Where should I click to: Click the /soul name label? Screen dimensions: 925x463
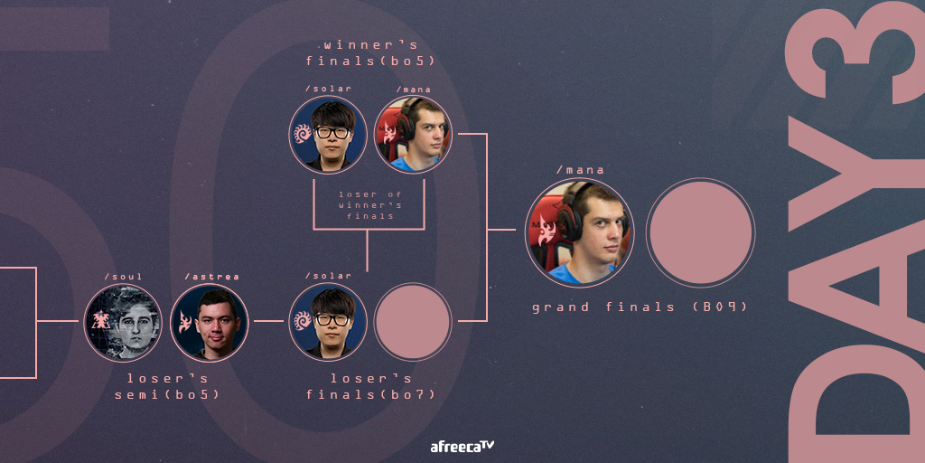point(123,276)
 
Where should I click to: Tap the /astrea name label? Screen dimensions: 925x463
point(211,276)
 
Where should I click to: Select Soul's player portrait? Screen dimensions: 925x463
point(123,322)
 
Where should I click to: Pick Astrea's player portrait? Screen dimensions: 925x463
point(210,322)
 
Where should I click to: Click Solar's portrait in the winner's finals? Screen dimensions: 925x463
point(328,135)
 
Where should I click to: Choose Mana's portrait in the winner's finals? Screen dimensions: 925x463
point(413,135)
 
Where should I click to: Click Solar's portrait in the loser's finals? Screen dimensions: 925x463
point(328,322)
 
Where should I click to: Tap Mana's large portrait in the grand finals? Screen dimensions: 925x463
point(579,233)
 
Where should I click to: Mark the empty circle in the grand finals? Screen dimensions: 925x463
point(700,233)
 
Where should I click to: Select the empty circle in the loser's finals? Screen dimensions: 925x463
point(413,322)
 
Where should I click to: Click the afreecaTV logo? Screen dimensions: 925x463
point(462,446)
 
